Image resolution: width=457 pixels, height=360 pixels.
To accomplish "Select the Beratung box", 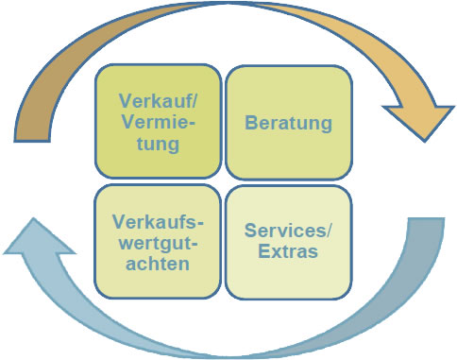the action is click(288, 123).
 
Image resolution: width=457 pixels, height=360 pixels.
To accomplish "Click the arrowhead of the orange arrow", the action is click(419, 118).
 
